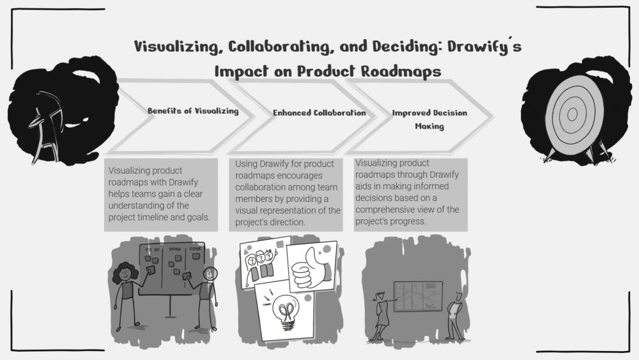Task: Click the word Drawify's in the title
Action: pos(484,47)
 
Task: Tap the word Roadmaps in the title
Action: pos(401,72)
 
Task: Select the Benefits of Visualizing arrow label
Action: pos(193,111)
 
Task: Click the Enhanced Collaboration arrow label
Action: pos(319,113)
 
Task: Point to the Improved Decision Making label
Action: pos(429,120)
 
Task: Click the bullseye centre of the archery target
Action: pos(572,114)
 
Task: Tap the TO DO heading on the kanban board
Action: pos(153,249)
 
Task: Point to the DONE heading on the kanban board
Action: pos(195,248)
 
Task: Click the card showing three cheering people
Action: pos(265,263)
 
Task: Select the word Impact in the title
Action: pos(242,72)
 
